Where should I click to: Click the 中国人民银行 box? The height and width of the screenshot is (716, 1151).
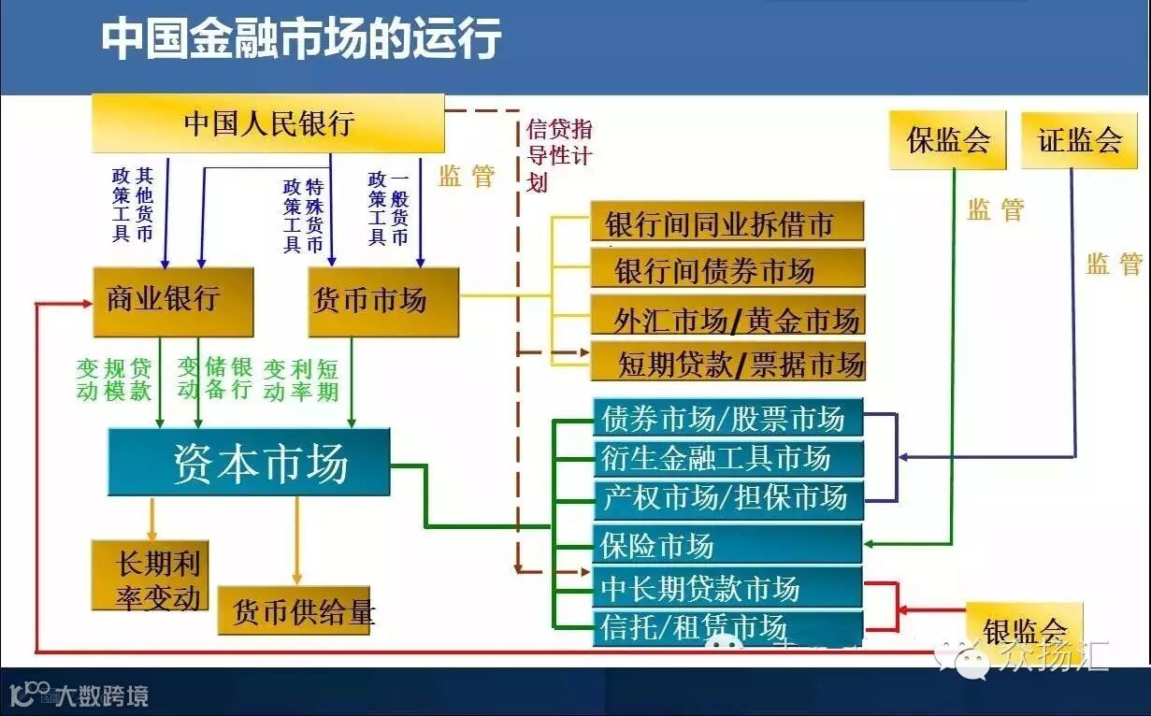click(x=267, y=122)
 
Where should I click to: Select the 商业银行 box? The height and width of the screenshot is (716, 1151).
click(x=173, y=301)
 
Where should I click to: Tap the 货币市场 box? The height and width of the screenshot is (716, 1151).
click(x=383, y=301)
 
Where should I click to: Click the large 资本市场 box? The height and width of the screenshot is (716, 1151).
click(x=249, y=462)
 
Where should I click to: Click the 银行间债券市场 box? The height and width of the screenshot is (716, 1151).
click(x=727, y=270)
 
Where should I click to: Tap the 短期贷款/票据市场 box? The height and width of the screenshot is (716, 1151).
click(x=727, y=362)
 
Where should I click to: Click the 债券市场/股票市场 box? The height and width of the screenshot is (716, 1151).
click(x=727, y=419)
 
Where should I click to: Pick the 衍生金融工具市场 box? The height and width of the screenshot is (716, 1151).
click(x=727, y=458)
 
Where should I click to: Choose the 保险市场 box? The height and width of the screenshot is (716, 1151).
click(x=727, y=544)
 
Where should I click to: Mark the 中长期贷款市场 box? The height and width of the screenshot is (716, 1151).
click(x=727, y=588)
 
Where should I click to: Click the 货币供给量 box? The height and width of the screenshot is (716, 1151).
click(x=295, y=611)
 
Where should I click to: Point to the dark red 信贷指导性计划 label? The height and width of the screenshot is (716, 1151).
click(x=558, y=154)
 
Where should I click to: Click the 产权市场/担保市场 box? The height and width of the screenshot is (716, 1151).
click(x=727, y=496)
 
